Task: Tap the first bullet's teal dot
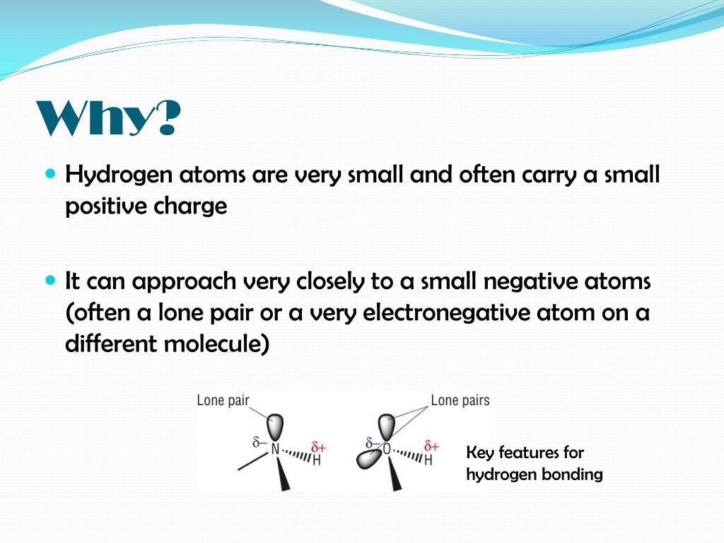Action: tap(49, 173)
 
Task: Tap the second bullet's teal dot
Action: tap(49, 280)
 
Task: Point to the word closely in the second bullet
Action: tap(322, 281)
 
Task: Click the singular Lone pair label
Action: tap(223, 401)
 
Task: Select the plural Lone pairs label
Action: tap(460, 401)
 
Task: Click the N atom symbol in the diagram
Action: tap(275, 449)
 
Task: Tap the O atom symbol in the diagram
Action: tap(386, 449)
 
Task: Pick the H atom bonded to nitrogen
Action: tap(316, 460)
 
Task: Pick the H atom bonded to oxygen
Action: tap(428, 460)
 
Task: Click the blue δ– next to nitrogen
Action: tap(259, 443)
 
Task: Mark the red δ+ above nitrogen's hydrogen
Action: tap(318, 446)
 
